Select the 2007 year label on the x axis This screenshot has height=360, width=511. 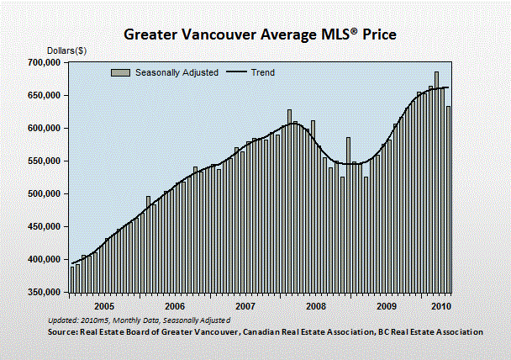(x=245, y=306)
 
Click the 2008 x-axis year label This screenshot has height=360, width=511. (x=315, y=306)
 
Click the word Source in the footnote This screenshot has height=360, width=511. (x=61, y=332)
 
